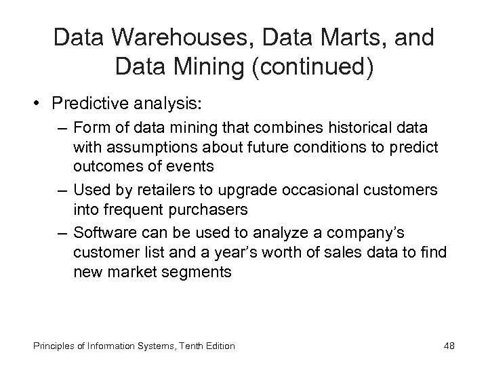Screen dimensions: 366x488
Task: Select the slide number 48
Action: coord(449,346)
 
